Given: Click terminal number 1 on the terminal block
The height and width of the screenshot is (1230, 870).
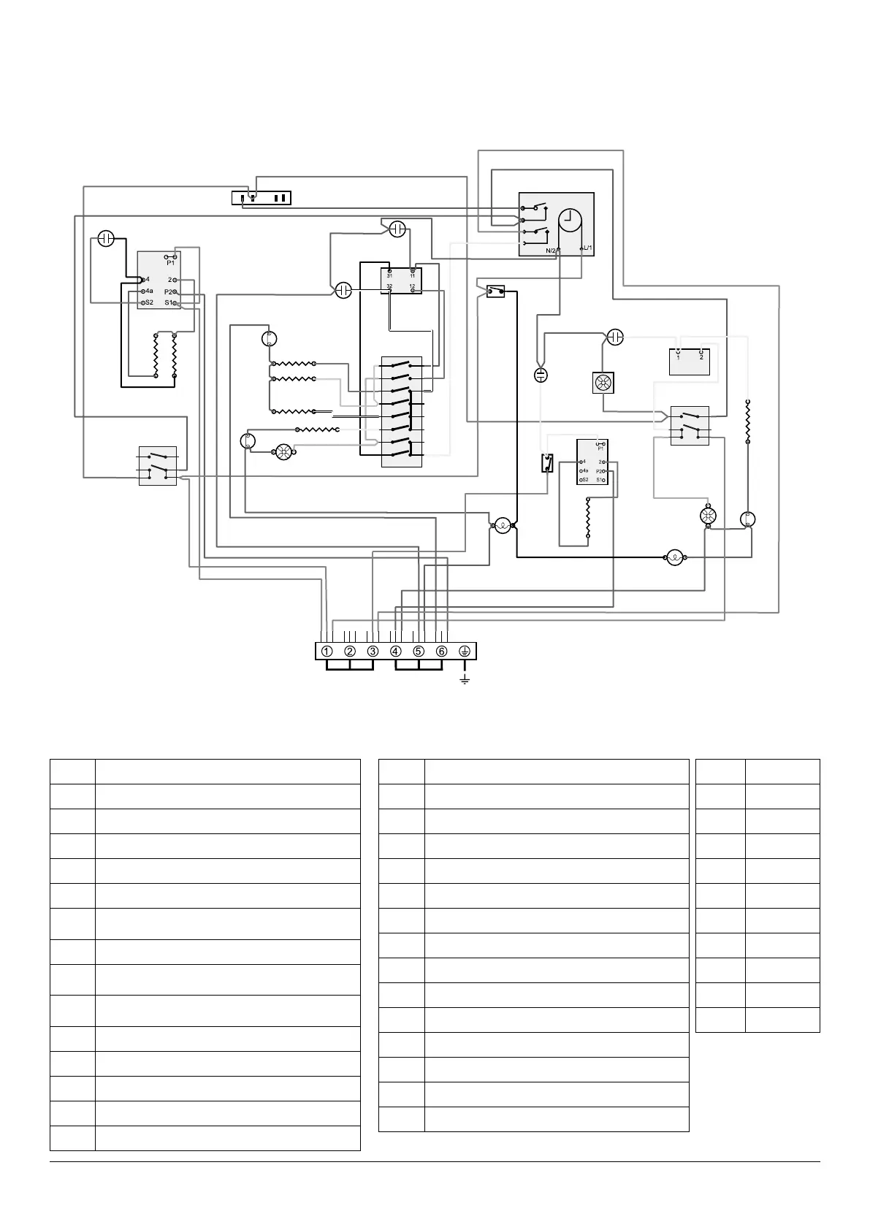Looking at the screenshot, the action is [327, 652].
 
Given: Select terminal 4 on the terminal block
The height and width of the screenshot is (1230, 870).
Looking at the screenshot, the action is [396, 652].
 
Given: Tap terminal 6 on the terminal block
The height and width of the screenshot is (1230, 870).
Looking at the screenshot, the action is [441, 652].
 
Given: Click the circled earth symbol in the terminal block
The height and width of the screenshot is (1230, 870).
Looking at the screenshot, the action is [465, 652].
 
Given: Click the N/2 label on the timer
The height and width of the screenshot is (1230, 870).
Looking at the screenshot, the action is [553, 251].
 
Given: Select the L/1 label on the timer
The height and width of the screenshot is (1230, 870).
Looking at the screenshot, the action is [587, 248].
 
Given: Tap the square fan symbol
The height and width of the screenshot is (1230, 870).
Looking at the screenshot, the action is [603, 383].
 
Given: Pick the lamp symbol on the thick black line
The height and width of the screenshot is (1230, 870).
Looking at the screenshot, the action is [674, 558].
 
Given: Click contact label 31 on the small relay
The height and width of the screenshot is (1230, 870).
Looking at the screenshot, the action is [390, 276].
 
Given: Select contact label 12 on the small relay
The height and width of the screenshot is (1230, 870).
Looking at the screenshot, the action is [413, 287].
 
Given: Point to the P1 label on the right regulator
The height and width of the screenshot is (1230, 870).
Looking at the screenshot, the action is [600, 448].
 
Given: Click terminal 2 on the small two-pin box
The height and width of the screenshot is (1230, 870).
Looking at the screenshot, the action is [701, 357].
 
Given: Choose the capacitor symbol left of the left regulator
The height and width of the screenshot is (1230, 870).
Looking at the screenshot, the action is [106, 239].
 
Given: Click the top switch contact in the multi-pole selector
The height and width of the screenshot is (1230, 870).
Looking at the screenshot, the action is [400, 364].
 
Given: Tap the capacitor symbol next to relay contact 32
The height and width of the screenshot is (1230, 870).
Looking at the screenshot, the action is [343, 291].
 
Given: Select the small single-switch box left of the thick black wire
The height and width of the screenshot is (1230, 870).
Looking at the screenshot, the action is [496, 292].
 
